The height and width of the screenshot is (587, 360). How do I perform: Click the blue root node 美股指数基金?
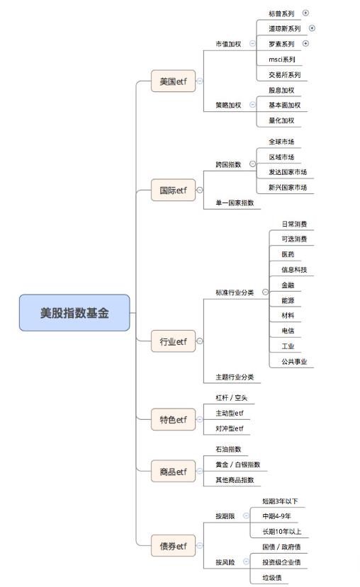74,312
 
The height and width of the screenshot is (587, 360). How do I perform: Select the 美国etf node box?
173,81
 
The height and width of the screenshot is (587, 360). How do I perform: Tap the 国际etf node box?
173,190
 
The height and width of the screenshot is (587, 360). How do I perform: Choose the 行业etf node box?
173,341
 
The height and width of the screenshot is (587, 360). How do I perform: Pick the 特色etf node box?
173,419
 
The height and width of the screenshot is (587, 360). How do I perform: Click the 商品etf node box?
173,472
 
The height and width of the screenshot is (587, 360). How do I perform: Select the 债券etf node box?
173,546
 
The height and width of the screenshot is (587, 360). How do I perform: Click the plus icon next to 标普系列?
305,13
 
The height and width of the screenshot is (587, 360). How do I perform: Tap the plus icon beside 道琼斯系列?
312,28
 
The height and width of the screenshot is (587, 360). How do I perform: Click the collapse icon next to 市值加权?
252,43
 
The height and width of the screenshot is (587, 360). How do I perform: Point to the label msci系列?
282,59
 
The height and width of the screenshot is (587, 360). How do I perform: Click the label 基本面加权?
285,106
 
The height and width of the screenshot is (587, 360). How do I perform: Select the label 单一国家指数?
235,203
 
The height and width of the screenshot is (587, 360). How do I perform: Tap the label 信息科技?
294,270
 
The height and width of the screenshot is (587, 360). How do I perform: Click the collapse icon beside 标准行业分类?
265,292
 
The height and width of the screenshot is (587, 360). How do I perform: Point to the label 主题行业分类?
235,377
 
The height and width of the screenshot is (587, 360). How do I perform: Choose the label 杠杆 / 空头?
232,397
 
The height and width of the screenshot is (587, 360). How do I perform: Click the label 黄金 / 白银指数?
238,465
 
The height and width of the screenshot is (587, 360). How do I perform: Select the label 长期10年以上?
282,531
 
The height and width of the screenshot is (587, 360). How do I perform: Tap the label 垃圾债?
272,578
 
